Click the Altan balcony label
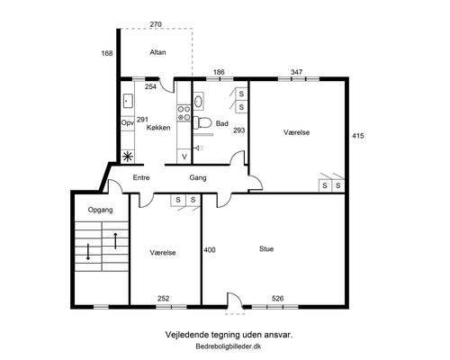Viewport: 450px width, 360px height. (x=157, y=52)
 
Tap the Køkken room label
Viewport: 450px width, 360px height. (x=158, y=128)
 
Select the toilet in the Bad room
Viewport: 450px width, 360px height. (x=202, y=122)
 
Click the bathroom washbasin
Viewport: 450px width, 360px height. (x=198, y=101)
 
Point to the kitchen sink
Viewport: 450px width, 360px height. (x=128, y=101)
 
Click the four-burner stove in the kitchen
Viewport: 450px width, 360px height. (x=184, y=113)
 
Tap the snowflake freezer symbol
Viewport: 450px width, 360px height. (x=128, y=157)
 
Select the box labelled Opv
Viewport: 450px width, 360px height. (x=128, y=123)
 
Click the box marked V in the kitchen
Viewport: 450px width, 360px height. (x=184, y=157)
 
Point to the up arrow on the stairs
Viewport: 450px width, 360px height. (x=115, y=240)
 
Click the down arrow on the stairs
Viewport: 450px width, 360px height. (x=88, y=252)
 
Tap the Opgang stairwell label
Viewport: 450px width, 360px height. (x=100, y=210)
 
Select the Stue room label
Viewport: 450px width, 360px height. (x=266, y=249)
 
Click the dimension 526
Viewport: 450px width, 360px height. (x=277, y=299)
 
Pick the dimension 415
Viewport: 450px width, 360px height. (x=358, y=136)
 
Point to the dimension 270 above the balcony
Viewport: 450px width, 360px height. (x=156, y=24)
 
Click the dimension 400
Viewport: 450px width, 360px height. (x=210, y=250)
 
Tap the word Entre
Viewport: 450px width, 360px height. (x=141, y=177)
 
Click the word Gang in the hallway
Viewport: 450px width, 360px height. (x=198, y=178)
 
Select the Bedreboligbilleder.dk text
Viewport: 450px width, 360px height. (x=229, y=346)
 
